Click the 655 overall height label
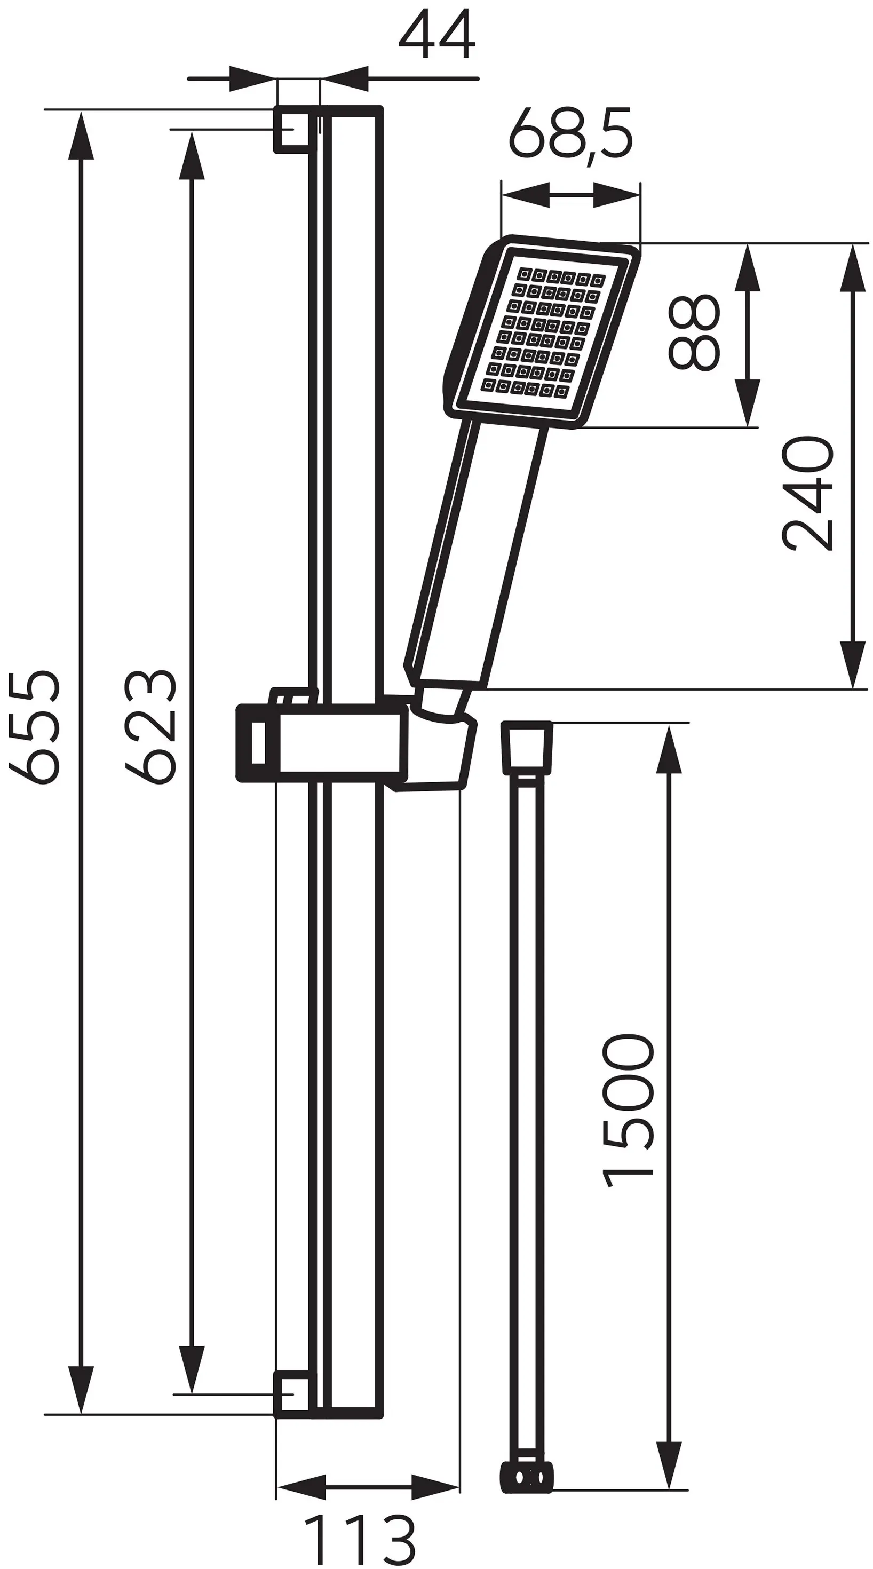[35, 727]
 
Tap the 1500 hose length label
[628, 1111]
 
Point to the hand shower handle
[474, 554]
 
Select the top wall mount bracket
[294, 129]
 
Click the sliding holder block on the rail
[321, 742]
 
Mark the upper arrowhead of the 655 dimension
[81, 135]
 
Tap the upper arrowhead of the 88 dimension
[748, 268]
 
